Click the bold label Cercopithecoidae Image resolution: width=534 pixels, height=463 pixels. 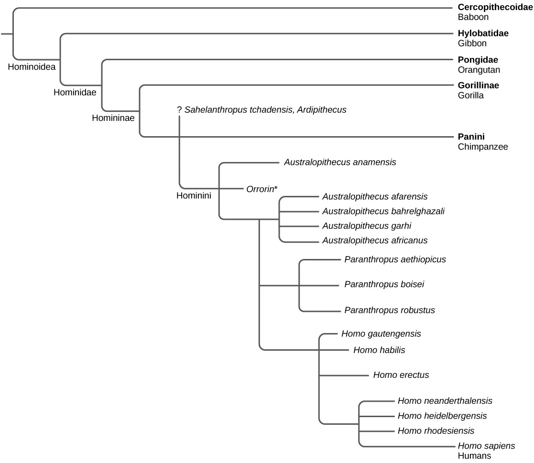point(495,7)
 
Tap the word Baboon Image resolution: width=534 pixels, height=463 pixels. point(473,18)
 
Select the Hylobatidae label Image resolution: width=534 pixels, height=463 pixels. point(483,33)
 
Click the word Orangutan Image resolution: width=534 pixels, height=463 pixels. point(479,70)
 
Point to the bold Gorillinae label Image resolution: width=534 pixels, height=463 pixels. point(478,86)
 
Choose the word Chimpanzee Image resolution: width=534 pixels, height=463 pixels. point(482,147)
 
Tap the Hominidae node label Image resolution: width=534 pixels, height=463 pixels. point(75,92)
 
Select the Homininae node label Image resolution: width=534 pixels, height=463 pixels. point(113,118)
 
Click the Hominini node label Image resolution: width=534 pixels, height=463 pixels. point(194,195)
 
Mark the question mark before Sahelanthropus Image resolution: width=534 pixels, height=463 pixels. point(179,110)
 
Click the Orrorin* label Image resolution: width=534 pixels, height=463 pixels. point(262,189)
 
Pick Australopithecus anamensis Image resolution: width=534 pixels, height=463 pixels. point(340,162)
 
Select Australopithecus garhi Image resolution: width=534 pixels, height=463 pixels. point(367,226)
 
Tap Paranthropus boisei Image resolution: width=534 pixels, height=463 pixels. point(384,285)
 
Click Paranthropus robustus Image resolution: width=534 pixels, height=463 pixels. point(389,310)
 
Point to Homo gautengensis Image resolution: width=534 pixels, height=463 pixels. point(381,334)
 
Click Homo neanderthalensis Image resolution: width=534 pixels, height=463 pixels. point(445,401)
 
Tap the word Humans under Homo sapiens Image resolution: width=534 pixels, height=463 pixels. point(474,456)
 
